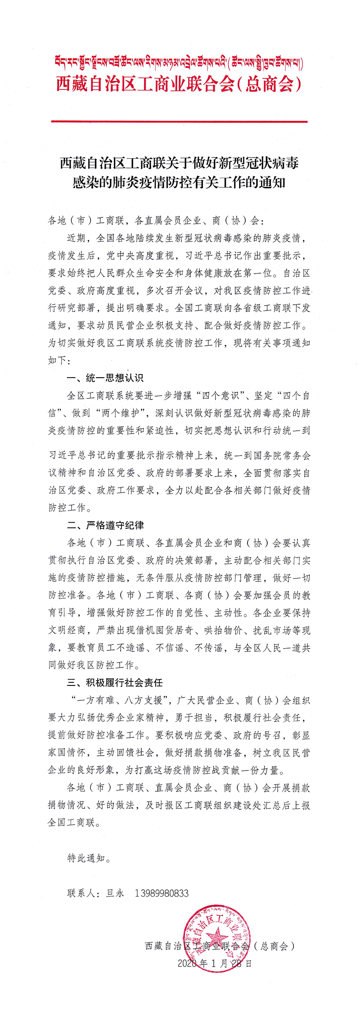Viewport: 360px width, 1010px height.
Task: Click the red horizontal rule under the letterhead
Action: click(179, 122)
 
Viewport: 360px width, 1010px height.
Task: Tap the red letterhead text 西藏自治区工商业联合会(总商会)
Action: click(179, 84)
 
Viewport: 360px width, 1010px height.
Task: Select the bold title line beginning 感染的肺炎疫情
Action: click(179, 182)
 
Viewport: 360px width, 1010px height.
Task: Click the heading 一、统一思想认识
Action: click(105, 378)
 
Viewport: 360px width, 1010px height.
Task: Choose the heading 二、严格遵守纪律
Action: click(105, 525)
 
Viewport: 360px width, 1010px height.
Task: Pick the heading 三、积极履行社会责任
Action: click(115, 683)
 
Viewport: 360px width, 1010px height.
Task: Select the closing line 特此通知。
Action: click(89, 858)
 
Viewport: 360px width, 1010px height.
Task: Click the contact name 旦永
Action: click(115, 893)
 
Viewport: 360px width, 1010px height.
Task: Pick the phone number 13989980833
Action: click(162, 893)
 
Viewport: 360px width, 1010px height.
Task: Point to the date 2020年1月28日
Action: click(215, 963)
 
